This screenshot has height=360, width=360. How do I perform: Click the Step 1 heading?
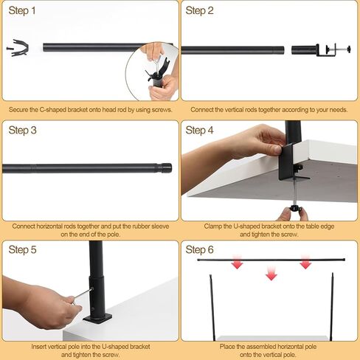pos(22,10)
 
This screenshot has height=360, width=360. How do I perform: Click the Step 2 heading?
pos(199,10)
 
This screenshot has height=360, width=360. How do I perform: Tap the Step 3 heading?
pos(22,131)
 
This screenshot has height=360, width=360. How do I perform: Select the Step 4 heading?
pos(199,131)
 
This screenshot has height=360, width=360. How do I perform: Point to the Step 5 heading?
pos(22,251)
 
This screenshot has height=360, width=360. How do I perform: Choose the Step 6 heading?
pos(199,251)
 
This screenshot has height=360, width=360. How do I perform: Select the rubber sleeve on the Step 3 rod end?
pos(167,168)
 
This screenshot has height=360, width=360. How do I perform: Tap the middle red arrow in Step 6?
pos(271,274)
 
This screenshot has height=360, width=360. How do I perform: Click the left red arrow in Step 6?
pos(237,263)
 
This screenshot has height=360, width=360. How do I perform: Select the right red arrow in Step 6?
pos(305,263)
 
